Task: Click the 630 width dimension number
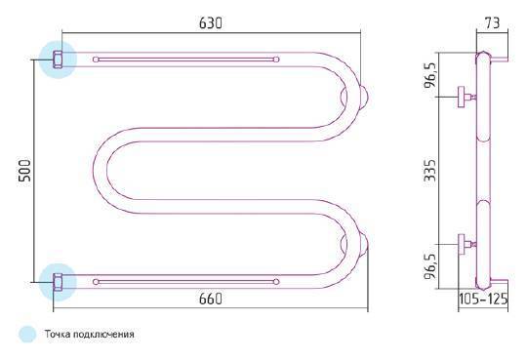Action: (211, 23)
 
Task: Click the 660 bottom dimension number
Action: (211, 299)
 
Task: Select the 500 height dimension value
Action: (24, 171)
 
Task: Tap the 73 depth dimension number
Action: (493, 22)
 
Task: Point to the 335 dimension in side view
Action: (430, 171)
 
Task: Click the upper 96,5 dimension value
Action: (430, 75)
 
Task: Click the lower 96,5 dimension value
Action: (430, 266)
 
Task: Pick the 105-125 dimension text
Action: (483, 299)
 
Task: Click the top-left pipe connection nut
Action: (58, 60)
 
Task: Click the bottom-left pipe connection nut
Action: (58, 282)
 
